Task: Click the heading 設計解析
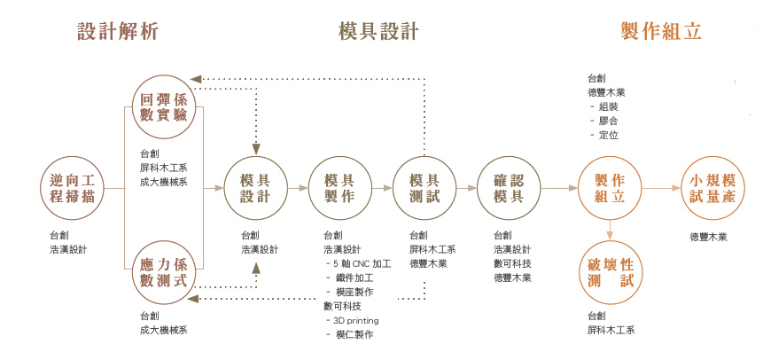click(x=118, y=32)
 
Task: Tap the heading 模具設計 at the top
click(x=378, y=32)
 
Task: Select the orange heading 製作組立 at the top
click(x=661, y=32)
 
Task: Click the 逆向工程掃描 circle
click(x=73, y=188)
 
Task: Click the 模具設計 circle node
click(x=255, y=188)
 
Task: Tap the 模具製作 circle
click(x=339, y=188)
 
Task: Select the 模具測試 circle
click(x=424, y=188)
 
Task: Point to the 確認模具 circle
click(x=509, y=188)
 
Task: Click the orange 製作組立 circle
click(x=610, y=188)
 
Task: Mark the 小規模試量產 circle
click(x=712, y=188)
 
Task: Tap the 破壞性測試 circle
click(x=610, y=273)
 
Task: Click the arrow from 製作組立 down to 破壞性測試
click(x=610, y=231)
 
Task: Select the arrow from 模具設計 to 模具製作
click(x=298, y=188)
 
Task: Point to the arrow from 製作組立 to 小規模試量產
click(x=661, y=188)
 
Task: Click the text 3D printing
click(x=355, y=320)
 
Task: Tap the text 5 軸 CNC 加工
click(x=362, y=264)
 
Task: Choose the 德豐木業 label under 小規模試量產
click(x=708, y=238)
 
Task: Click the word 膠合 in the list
click(x=608, y=121)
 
